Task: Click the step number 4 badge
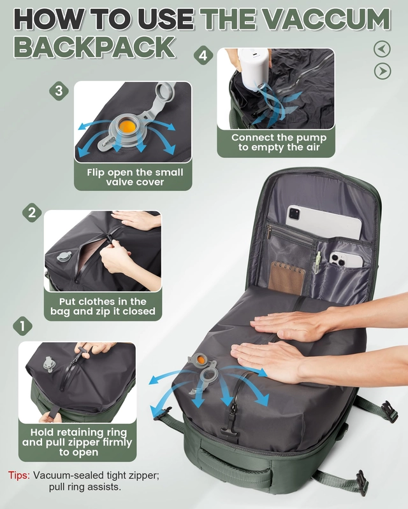(x=203, y=55)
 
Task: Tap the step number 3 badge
(x=59, y=90)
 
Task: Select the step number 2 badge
(x=32, y=213)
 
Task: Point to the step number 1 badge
(x=22, y=326)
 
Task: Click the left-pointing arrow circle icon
(x=382, y=49)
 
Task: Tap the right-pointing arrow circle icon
(x=382, y=71)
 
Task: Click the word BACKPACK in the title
(x=95, y=47)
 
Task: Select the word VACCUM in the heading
(x=328, y=19)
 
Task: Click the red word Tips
(x=19, y=475)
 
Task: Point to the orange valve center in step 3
(x=126, y=126)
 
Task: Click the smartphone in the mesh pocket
(x=346, y=260)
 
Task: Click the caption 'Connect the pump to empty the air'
(x=279, y=143)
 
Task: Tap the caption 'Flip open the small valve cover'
(x=135, y=177)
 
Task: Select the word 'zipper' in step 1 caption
(x=85, y=442)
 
